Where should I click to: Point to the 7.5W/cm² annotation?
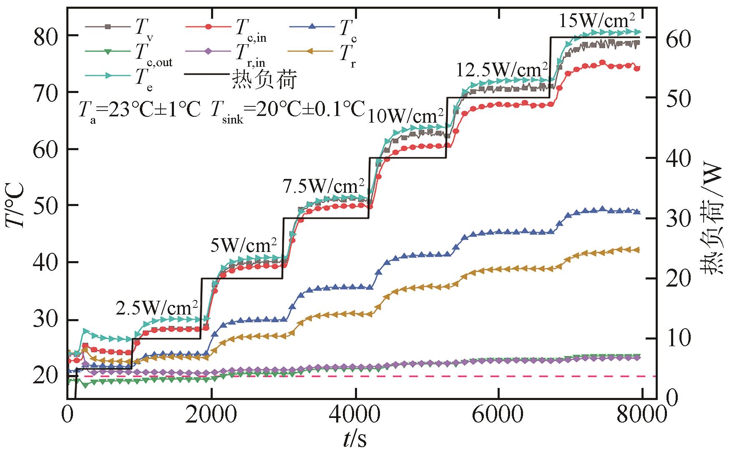[324, 185]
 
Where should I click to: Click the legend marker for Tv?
[107, 27]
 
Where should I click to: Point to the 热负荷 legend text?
[264, 79]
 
